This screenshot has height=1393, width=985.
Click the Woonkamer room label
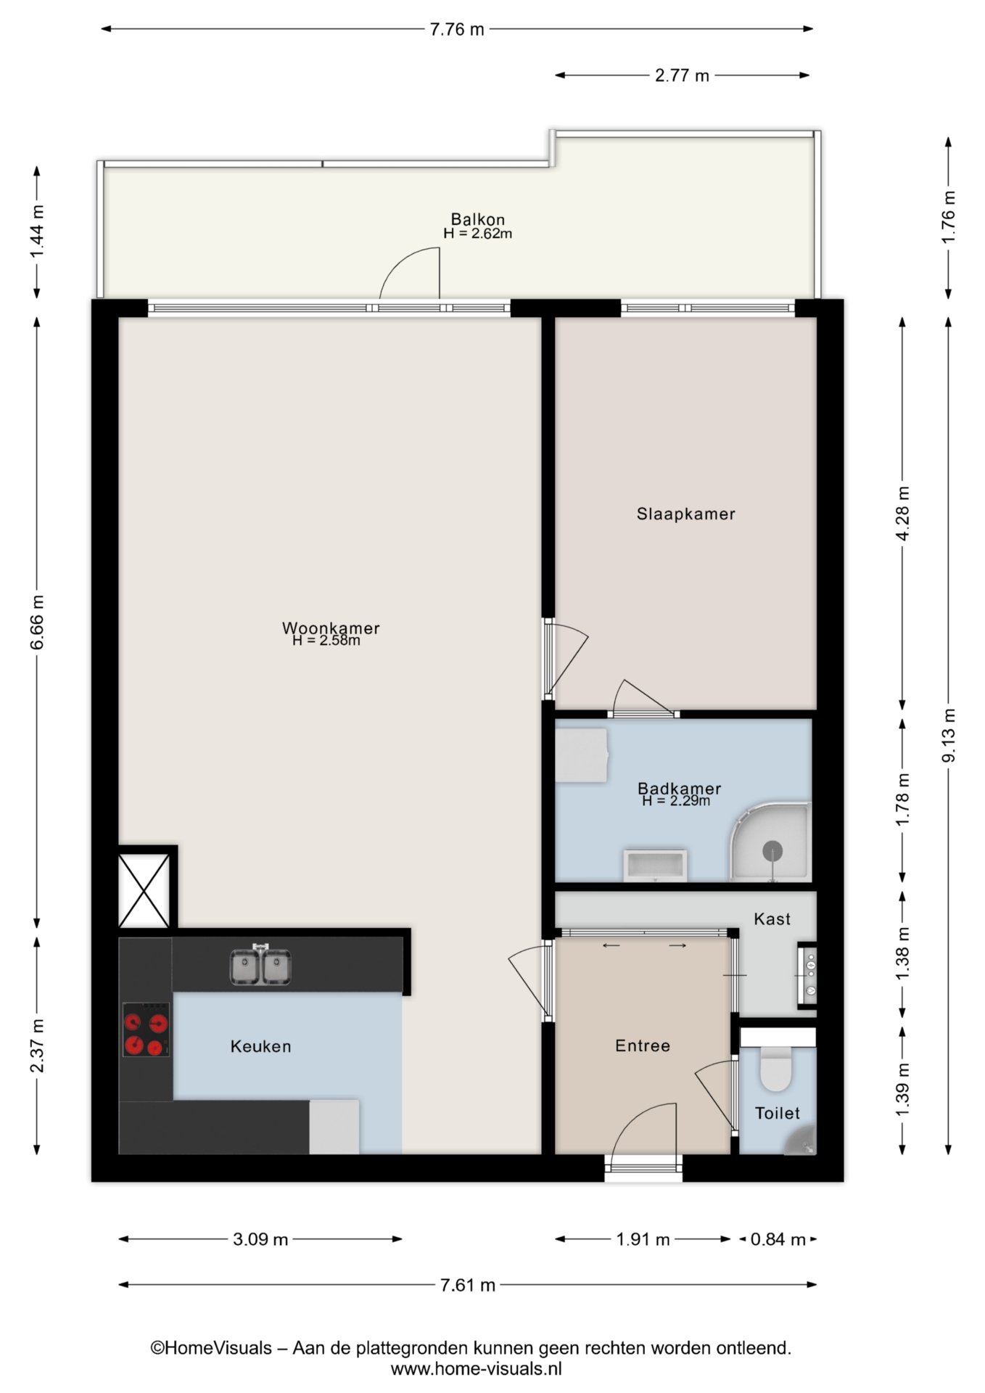331,628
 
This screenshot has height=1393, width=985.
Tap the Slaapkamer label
686,514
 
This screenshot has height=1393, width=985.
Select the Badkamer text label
680,788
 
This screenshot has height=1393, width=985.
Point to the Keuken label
260,1046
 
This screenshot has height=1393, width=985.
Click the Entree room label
643,1045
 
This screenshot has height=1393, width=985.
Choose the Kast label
772,919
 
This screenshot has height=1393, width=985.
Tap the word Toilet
778,1113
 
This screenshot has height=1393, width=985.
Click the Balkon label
478,219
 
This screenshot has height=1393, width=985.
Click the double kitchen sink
260,966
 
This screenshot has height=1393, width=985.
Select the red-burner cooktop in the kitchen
146,1030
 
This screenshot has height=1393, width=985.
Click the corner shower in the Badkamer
770,842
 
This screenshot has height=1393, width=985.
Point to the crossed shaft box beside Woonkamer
144,890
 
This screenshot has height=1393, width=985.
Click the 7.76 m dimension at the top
457,30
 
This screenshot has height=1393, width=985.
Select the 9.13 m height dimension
948,735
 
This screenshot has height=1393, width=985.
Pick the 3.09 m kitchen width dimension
260,1239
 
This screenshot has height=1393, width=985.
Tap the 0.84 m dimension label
778,1239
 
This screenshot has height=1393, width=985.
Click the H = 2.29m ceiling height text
676,801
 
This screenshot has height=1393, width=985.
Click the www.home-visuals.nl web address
477,1369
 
